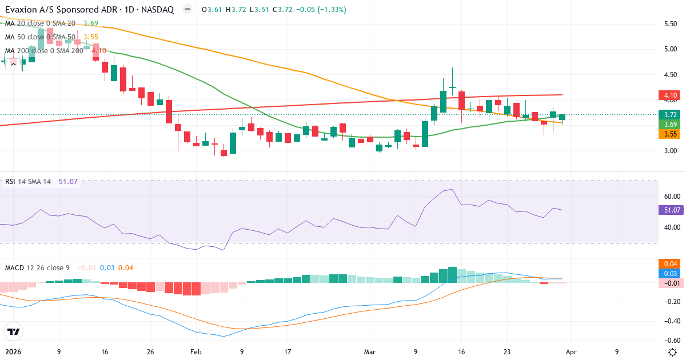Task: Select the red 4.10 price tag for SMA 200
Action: (669, 95)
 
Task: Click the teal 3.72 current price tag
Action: (669, 114)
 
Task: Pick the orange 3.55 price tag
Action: (669, 134)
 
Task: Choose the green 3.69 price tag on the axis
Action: (669, 124)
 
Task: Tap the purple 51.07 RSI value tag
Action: (669, 210)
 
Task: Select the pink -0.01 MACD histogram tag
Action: (669, 283)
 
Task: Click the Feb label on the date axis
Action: (196, 352)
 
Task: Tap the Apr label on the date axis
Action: (572, 352)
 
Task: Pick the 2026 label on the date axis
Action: (12, 352)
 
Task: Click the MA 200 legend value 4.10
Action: (99, 51)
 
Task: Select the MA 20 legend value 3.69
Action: (91, 23)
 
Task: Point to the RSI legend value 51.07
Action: (68, 182)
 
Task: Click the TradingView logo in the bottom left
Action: (13, 331)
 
